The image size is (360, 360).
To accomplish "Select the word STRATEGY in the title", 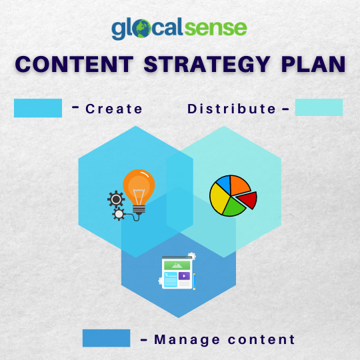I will tap(205, 64).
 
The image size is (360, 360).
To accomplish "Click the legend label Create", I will tap(114, 109).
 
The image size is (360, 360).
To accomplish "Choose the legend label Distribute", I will tap(231, 109).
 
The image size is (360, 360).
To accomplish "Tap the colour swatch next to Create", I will tap(38, 108).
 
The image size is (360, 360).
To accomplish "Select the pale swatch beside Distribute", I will tap(319, 108).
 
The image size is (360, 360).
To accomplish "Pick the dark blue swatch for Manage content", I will tap(106, 338).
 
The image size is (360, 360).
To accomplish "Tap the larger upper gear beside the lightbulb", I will tap(116, 199).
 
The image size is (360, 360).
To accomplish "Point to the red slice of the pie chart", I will tap(247, 199).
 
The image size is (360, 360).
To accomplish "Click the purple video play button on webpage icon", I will tap(184, 276).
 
